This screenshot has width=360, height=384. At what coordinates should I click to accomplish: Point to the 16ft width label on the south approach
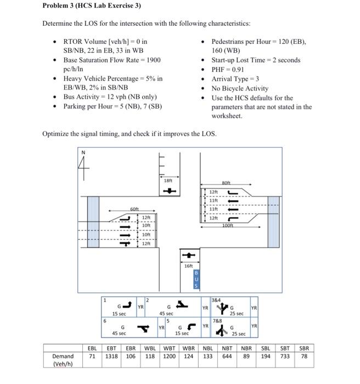188,266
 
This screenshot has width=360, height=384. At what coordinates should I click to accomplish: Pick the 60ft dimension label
134,209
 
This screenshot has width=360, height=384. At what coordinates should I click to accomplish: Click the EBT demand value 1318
111,356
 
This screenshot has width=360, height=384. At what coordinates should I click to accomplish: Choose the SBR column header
303,348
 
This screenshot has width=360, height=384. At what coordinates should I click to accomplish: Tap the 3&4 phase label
217,300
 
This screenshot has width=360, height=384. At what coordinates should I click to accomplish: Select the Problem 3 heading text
92,6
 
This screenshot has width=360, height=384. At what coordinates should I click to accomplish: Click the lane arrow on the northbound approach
188,255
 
